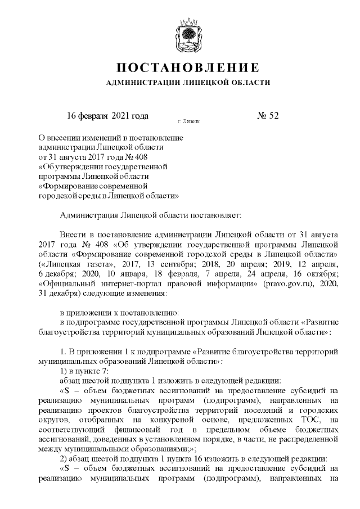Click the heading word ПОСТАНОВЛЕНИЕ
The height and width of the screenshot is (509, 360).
tap(188, 68)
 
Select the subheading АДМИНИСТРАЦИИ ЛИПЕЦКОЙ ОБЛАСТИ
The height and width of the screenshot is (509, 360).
tap(188, 83)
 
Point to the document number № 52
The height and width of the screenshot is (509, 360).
tap(268, 116)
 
